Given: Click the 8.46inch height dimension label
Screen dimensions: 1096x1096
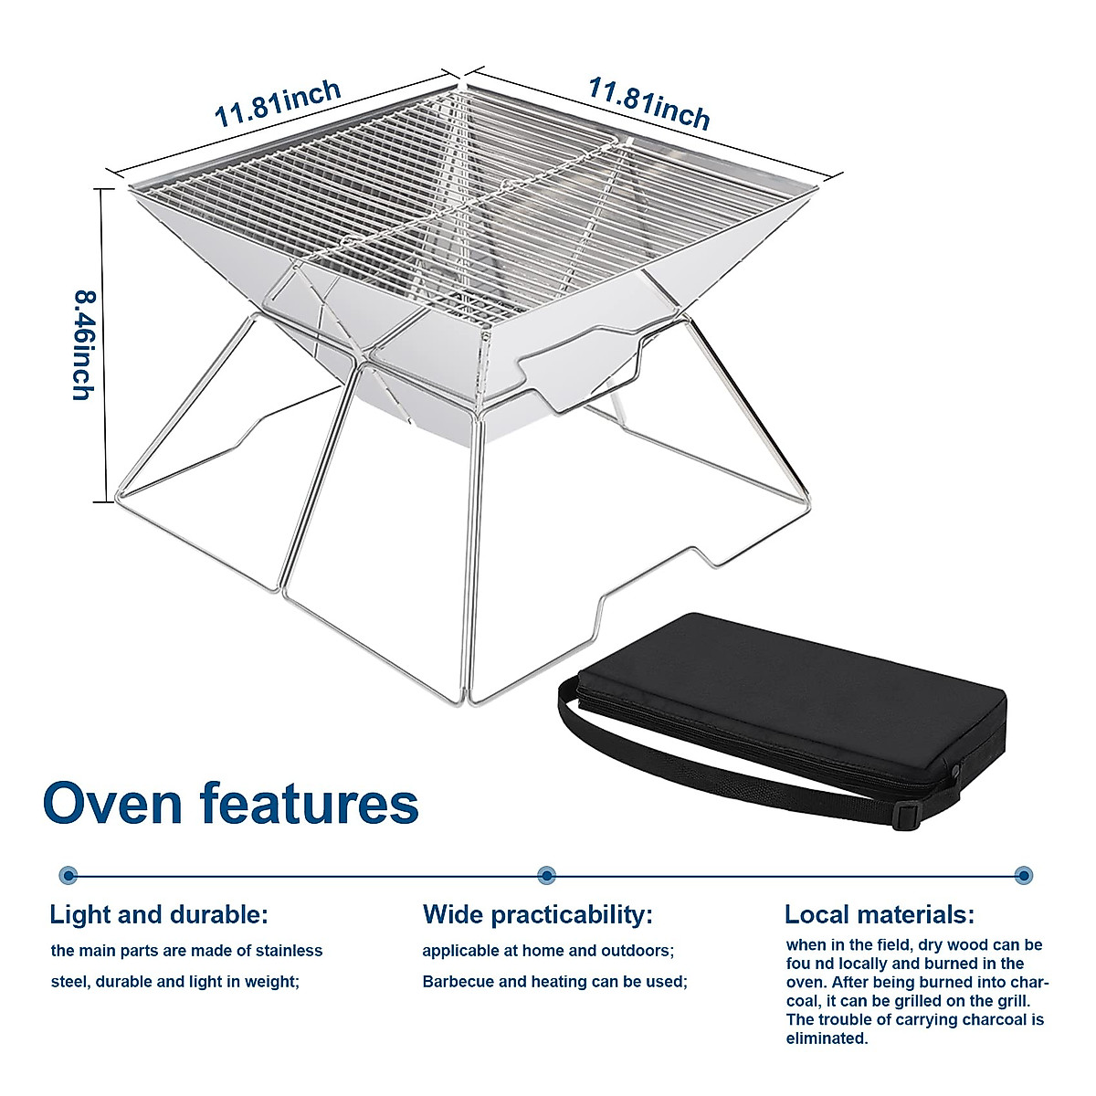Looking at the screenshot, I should (x=85, y=344).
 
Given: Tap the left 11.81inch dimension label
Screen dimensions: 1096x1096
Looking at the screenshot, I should (x=278, y=103).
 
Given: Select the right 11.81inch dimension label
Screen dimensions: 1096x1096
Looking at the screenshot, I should (x=648, y=102).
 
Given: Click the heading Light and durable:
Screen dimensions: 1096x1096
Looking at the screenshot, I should (x=159, y=914).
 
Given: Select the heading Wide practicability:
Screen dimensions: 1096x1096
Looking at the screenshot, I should (x=538, y=914).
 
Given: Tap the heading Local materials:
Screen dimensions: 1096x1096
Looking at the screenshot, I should (x=880, y=914).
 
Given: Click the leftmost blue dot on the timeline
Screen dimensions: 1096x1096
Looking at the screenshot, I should (x=68, y=875).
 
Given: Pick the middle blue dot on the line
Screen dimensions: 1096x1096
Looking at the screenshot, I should (x=546, y=875).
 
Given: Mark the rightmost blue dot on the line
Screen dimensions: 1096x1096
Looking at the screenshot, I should (x=1024, y=875).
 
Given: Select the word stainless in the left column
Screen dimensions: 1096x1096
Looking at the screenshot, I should (x=290, y=951).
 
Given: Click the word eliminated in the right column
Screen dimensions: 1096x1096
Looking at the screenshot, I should (x=827, y=1038).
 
